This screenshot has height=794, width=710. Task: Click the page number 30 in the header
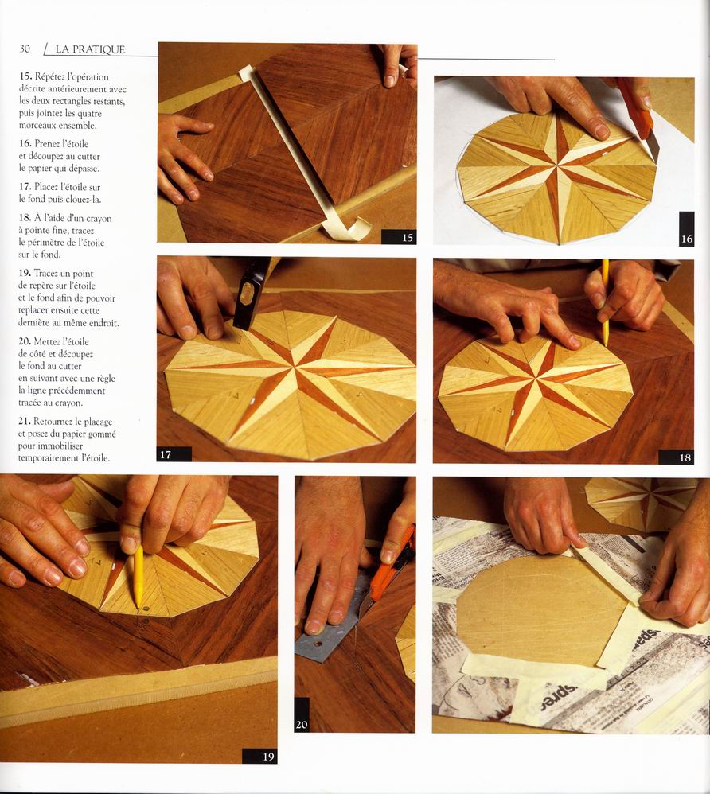(25, 49)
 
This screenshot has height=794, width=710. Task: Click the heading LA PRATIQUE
(90, 49)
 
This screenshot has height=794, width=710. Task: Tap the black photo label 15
(399, 236)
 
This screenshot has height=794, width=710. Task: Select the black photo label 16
(686, 229)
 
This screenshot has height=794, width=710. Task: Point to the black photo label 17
(174, 454)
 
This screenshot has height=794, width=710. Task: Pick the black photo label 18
(676, 457)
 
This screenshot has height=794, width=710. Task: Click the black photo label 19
(259, 756)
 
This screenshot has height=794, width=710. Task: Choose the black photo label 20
(302, 715)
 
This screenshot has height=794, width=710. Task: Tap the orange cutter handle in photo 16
(634, 108)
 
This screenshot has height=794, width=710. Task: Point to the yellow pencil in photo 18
(605, 303)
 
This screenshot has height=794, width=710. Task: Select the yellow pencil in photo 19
(138, 577)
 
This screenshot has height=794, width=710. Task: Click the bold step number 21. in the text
(25, 422)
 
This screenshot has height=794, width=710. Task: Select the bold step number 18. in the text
(25, 218)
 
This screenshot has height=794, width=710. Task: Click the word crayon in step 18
(99, 219)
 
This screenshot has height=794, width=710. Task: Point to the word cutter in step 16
(88, 157)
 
